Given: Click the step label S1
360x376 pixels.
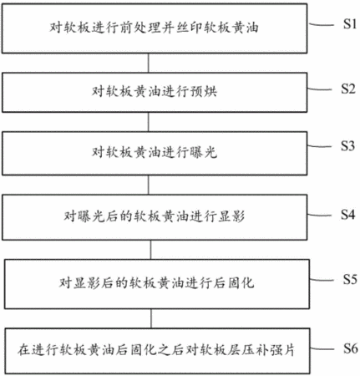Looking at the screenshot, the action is tap(350, 24).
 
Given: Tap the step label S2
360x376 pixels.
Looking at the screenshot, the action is tap(348, 89).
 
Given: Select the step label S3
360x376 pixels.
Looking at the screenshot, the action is tap(348, 145).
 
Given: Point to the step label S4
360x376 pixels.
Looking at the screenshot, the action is tap(348, 215).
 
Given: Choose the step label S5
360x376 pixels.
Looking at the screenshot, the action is tap(350, 279).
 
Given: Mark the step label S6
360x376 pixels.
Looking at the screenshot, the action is tap(350, 348).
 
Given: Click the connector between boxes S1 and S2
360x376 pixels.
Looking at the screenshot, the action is tap(148, 64).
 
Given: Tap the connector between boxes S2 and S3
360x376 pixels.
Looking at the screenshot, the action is tap(148, 122).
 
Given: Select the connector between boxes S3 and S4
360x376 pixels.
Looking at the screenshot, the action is tap(148, 185).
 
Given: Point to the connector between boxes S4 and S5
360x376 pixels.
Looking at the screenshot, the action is tap(150, 250).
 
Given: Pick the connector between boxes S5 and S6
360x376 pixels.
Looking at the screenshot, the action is tap(151, 318).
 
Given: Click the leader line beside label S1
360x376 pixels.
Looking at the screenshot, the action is tap(322, 24).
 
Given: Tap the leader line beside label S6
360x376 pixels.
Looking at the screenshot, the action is tap(322, 349).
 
